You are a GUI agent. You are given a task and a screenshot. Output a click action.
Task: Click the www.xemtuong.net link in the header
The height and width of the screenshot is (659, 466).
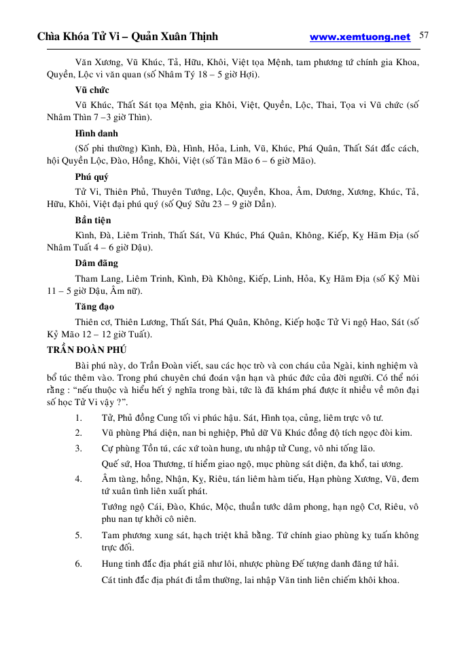click(360, 37)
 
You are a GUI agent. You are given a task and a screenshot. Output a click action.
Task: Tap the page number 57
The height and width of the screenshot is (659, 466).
click(424, 35)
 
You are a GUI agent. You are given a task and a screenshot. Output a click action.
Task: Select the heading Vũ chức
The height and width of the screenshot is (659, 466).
click(92, 90)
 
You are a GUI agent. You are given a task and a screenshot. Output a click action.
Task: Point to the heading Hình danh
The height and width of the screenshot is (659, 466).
click(96, 133)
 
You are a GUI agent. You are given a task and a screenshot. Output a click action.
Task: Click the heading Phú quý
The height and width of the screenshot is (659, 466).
click(92, 176)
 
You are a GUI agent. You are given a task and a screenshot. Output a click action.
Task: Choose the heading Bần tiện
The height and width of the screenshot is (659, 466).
click(93, 220)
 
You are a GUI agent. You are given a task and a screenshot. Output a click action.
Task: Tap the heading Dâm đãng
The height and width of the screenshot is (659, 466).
click(96, 263)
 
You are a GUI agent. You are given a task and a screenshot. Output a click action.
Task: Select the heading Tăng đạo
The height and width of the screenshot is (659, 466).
click(94, 306)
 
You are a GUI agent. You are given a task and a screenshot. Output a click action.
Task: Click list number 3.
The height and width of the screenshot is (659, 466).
click(79, 448)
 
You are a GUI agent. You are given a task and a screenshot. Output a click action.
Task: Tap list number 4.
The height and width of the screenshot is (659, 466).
click(79, 478)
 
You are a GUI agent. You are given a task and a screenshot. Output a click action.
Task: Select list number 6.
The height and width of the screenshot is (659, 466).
click(79, 564)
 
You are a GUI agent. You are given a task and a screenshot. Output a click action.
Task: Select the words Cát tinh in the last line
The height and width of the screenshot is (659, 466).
click(115, 580)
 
